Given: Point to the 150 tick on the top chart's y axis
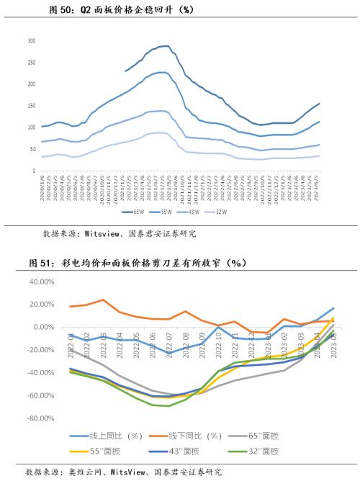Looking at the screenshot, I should click(31, 106).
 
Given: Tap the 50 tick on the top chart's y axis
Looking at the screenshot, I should click(32, 149).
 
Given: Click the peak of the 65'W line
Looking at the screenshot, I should click(164, 46).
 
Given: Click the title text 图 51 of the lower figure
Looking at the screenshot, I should click(44, 264).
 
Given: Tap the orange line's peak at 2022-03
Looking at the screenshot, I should click(103, 300).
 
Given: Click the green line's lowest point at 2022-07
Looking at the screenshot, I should click(168, 406).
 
